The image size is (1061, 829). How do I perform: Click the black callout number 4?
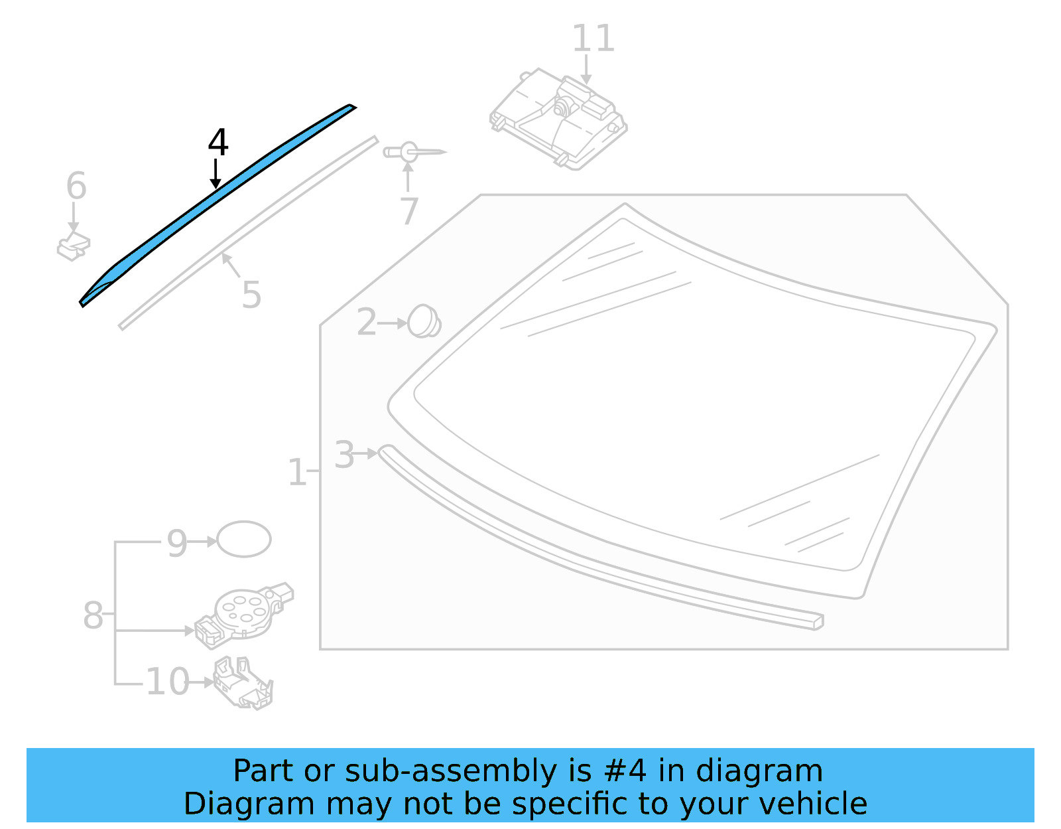pyautogui.click(x=218, y=143)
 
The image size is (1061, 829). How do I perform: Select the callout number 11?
pyautogui.click(x=593, y=38)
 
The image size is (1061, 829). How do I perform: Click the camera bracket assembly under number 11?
pyautogui.click(x=559, y=119)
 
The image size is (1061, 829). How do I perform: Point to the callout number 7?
pyautogui.click(x=409, y=211)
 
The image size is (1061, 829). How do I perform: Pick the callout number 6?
pyautogui.click(x=76, y=186)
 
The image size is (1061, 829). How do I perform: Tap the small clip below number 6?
pyautogui.click(x=74, y=246)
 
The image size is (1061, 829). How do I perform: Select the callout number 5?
pyautogui.click(x=251, y=295)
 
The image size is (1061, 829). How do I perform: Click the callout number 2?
pyautogui.click(x=366, y=323)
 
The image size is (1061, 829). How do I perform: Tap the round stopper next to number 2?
pyautogui.click(x=424, y=321)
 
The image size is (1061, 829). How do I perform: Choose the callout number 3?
pyautogui.click(x=344, y=455)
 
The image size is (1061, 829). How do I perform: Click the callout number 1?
pyautogui.click(x=296, y=473)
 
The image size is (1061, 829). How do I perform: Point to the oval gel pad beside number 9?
pyautogui.click(x=244, y=539)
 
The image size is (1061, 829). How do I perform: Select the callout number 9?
pyautogui.click(x=177, y=543)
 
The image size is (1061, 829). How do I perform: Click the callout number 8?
pyautogui.click(x=93, y=615)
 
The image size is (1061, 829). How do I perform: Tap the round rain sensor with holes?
pyautogui.click(x=243, y=611)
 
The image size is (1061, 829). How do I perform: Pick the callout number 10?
pyautogui.click(x=167, y=682)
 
